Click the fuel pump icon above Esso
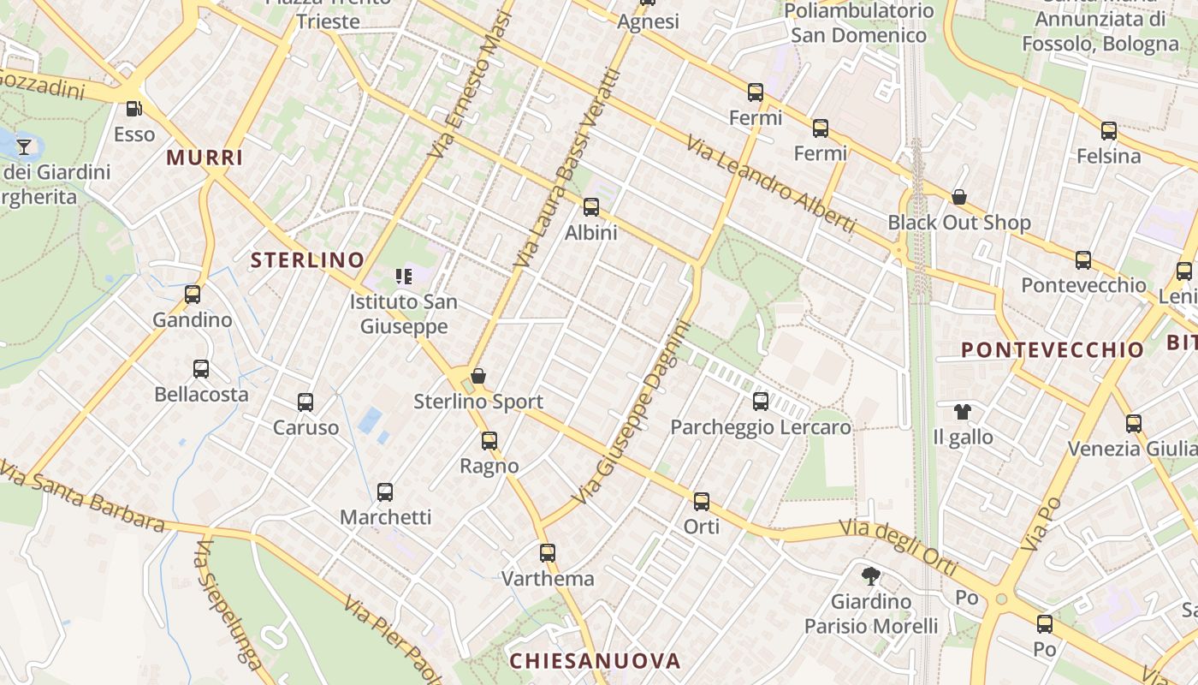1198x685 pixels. click(x=133, y=109)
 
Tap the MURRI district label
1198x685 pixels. click(x=205, y=158)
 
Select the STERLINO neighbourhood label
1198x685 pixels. click(x=307, y=260)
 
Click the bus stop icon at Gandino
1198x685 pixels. click(x=193, y=295)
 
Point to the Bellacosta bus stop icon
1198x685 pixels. click(x=201, y=369)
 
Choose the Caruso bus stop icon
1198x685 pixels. click(x=305, y=402)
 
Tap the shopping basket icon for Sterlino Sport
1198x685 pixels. click(x=478, y=376)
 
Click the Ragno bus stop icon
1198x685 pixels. click(x=489, y=441)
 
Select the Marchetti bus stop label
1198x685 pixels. click(x=386, y=517)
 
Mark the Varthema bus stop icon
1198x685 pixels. click(x=548, y=553)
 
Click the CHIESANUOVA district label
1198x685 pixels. click(x=595, y=661)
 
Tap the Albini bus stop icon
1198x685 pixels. click(x=591, y=207)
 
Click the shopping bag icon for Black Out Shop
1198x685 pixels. click(x=959, y=198)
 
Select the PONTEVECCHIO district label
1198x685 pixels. click(x=1053, y=349)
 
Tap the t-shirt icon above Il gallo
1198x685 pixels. click(x=963, y=412)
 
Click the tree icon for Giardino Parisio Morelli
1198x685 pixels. click(x=871, y=575)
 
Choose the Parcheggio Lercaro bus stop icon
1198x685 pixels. click(x=761, y=402)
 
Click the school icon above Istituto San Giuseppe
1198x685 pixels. click(x=403, y=276)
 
